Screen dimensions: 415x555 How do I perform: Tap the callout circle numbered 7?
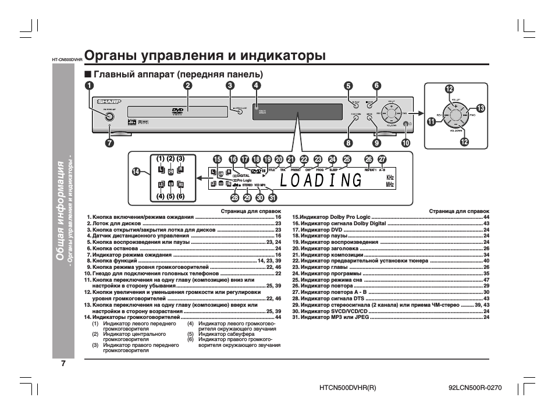[x=109, y=141]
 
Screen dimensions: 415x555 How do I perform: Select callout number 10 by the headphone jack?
[x=405, y=142]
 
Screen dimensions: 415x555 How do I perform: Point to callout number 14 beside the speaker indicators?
[x=136, y=171]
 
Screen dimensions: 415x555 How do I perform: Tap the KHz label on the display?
[x=390, y=176]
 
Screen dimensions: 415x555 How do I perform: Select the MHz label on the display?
[x=390, y=185]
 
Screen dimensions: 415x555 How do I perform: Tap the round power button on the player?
[x=109, y=117]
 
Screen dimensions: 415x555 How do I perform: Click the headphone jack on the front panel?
[x=405, y=123]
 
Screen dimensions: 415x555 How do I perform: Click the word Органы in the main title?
[x=111, y=56]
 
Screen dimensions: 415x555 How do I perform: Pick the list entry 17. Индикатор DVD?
[x=317, y=230]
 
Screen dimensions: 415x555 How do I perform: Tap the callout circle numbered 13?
[x=481, y=108]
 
